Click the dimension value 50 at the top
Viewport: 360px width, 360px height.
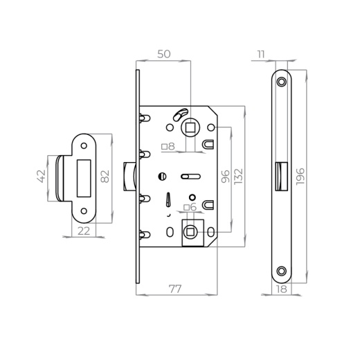pos(164,54)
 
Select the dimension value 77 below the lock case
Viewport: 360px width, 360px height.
pos(175,289)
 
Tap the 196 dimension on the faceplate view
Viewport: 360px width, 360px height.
pos(300,177)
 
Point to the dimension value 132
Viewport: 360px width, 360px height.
pos(239,177)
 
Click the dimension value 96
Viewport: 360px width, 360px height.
pos(226,177)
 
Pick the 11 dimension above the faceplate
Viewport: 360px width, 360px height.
pos(261,55)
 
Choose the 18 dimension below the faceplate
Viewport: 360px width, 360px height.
pos(282,289)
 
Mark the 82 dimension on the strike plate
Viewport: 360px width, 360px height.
pos(105,177)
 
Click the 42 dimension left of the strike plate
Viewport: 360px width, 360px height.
pos(42,177)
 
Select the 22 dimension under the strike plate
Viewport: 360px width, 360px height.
pos(84,231)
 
